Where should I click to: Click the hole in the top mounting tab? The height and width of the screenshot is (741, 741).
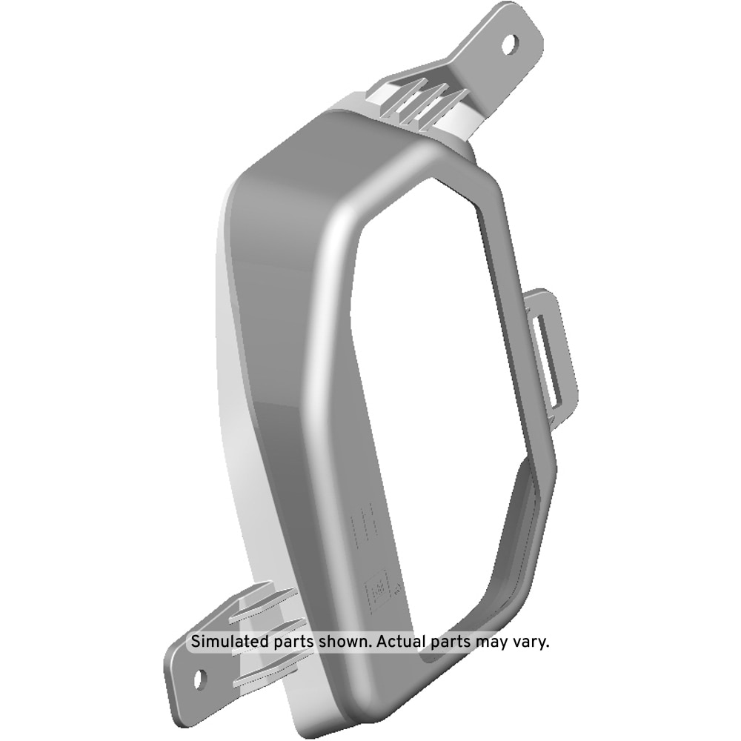[510, 44]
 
